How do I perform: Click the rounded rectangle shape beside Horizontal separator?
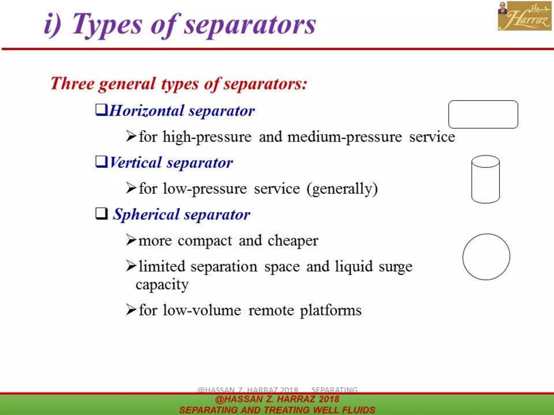pos(483,114)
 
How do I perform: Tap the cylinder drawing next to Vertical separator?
pos(485,179)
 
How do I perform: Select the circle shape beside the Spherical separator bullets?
pos(486,257)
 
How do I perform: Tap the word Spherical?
pos(146,215)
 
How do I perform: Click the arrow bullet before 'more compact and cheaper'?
pos(131,240)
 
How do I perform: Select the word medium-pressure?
pos(344,137)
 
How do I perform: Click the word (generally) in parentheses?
pos(342,189)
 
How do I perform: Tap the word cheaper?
pos(293,240)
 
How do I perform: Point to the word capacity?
pos(162,285)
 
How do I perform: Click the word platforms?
pos(331,310)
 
